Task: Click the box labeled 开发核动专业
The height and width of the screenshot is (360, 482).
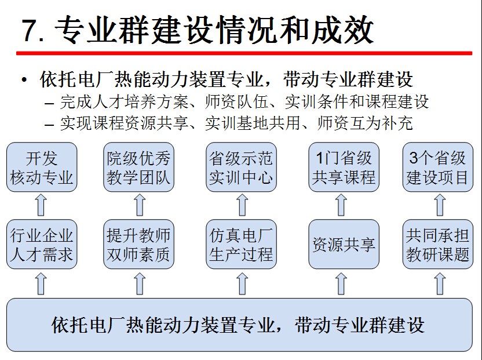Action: coord(42,167)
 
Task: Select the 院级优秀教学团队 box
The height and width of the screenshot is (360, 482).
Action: coord(139,167)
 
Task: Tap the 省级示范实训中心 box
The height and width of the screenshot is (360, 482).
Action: coord(241,167)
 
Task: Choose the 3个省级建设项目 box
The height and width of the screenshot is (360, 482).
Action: coord(437,167)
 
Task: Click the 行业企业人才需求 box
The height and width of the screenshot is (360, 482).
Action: coord(42,244)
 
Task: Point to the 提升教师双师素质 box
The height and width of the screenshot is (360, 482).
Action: coord(139,244)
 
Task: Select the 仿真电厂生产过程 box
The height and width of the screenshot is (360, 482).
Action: coord(241,244)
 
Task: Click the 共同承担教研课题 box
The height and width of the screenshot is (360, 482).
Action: coord(437,244)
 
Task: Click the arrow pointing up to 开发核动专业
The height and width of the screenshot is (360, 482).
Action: coord(41,205)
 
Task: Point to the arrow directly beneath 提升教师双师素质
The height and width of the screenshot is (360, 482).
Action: coord(139,283)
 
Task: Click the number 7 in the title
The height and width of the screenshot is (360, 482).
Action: coord(29,30)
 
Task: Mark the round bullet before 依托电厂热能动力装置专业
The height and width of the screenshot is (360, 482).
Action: coord(24,80)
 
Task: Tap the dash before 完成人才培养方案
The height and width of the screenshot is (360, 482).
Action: coord(50,103)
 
